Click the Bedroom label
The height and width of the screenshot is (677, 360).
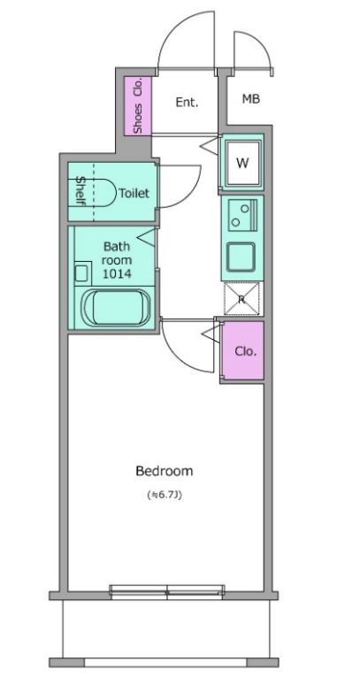(x=164, y=471)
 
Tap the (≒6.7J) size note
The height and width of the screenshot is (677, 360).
(x=165, y=496)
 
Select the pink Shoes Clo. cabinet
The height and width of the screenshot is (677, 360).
(x=138, y=106)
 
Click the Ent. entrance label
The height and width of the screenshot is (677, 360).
(x=187, y=103)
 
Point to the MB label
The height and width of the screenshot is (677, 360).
(x=251, y=99)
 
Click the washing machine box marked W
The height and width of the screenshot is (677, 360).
(x=242, y=163)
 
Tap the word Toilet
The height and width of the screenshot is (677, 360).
(x=134, y=193)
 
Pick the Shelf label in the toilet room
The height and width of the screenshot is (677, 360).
(x=80, y=191)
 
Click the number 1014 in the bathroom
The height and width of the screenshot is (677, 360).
(x=117, y=273)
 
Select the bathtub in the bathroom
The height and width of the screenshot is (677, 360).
(x=116, y=308)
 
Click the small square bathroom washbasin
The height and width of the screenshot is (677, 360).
(x=81, y=273)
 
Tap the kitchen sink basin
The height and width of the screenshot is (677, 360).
(x=241, y=258)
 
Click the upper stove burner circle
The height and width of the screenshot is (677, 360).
(x=245, y=209)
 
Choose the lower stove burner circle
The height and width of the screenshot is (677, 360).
(x=235, y=223)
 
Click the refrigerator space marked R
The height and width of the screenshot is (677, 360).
(x=241, y=299)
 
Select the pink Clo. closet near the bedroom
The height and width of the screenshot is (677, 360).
(x=242, y=350)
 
